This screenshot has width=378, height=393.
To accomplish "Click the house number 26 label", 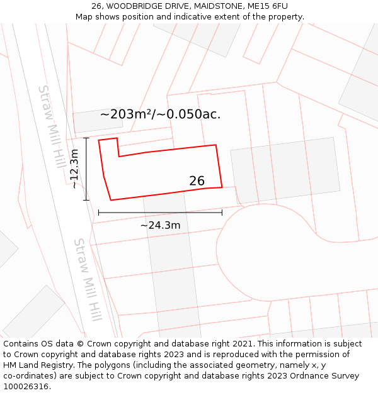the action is pos(197,181).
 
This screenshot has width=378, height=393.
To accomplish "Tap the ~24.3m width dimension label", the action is pos(160,225).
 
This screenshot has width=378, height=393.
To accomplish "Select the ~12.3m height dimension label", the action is pos(74,169).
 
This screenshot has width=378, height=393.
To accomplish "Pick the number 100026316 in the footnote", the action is pos(25,387).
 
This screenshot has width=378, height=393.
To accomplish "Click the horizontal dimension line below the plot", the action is pos(160,213).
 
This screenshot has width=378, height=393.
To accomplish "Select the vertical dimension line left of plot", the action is pos(86,169).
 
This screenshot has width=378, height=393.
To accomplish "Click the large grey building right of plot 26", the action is pos(285,170).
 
